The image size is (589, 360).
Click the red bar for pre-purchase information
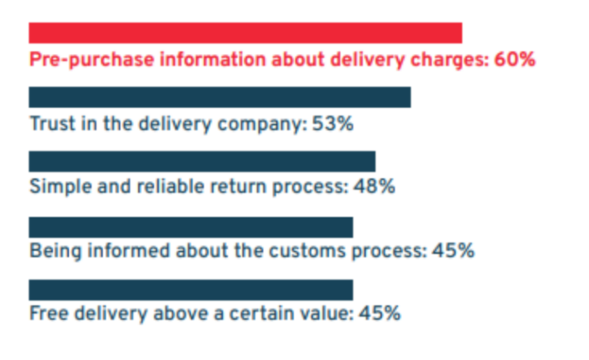[x=245, y=33]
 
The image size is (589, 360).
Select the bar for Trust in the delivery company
[x=220, y=97]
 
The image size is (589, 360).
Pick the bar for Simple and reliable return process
[x=202, y=162]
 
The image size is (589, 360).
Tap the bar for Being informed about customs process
[x=191, y=227]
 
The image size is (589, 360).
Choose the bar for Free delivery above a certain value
[x=191, y=290]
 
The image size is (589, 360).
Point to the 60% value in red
[x=513, y=60]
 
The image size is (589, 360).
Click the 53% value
[x=333, y=124]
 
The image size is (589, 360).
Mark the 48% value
[x=374, y=187]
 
